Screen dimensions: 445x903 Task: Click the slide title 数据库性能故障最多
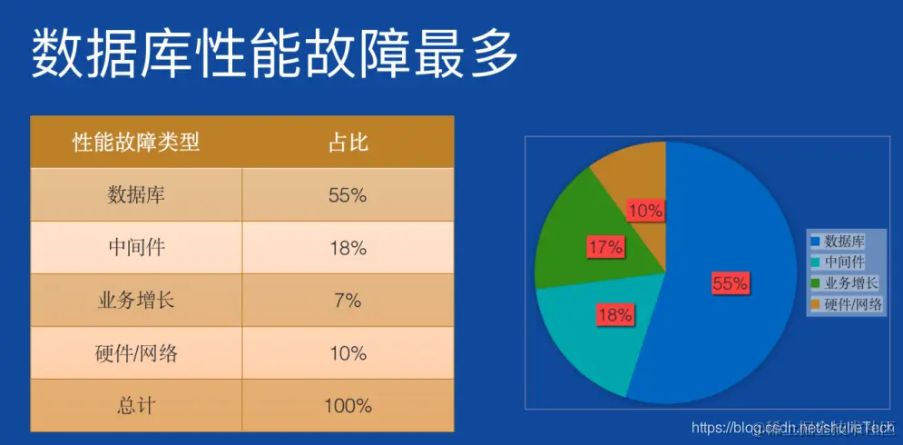tap(275, 54)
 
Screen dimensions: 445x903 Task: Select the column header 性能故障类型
tap(136, 143)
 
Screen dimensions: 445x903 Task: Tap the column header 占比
tap(348, 143)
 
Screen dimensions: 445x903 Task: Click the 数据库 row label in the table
tap(136, 195)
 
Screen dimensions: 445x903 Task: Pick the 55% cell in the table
tap(348, 195)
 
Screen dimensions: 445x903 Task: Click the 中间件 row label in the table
tap(136, 248)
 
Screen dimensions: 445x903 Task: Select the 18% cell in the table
tap(348, 248)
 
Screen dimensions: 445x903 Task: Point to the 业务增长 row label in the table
tap(136, 301)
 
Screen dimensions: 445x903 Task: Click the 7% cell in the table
tap(348, 301)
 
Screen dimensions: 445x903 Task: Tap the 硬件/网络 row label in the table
tap(136, 353)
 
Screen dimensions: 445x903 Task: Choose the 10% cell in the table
tap(348, 353)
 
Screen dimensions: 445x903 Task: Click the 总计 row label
tap(136, 405)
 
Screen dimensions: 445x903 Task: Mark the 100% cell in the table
tap(348, 405)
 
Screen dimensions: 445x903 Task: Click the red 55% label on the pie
tap(730, 284)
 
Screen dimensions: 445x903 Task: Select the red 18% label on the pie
tap(614, 315)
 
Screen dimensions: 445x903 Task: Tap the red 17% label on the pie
tap(604, 246)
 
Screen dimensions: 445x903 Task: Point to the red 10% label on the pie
tap(645, 211)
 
